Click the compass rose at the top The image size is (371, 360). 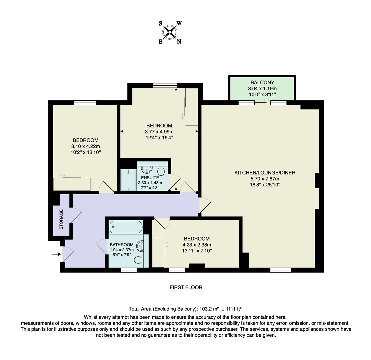[x=170, y=32]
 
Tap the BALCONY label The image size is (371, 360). [x=262, y=82]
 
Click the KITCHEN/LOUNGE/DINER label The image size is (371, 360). [x=265, y=173]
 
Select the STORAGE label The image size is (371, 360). [x=61, y=219]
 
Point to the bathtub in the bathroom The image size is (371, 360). [x=126, y=227]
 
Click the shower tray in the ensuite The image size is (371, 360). [x=128, y=180]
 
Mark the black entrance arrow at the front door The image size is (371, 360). [x=56, y=254]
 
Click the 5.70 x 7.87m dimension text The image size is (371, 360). [x=265, y=179]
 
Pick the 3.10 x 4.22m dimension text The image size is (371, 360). [x=86, y=146]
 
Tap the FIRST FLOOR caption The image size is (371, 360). [x=186, y=287]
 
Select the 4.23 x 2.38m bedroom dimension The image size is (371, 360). [x=197, y=245]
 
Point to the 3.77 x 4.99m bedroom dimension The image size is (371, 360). [x=159, y=132]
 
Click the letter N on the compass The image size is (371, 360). [x=179, y=42]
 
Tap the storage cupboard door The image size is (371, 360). [x=76, y=215]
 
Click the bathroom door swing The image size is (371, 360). [x=101, y=247]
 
